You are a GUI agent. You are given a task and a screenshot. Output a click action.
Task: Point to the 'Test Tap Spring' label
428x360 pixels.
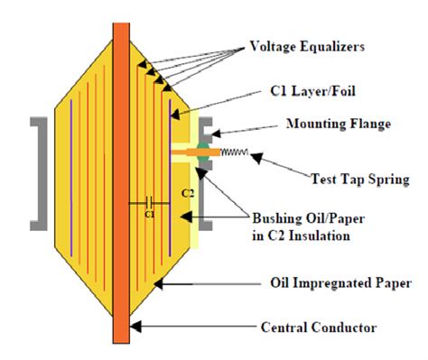(356, 178)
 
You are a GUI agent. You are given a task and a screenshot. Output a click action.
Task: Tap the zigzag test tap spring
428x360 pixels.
(232, 152)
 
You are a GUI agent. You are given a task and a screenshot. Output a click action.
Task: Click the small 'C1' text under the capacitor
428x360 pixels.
(149, 215)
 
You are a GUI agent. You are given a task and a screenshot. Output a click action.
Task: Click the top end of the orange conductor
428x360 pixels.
(120, 24)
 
